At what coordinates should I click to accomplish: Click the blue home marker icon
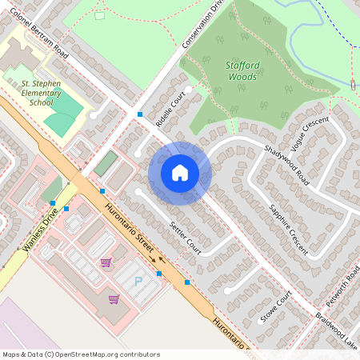(180, 173)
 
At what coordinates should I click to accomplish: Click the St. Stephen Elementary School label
(46, 92)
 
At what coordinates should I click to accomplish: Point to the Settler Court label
(186, 238)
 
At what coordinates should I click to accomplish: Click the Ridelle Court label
(171, 110)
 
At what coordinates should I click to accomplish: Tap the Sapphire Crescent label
(288, 228)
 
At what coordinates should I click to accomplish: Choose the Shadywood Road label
(286, 164)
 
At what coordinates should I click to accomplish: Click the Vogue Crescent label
(310, 134)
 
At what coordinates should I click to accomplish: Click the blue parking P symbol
(138, 281)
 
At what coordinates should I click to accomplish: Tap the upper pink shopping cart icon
(106, 262)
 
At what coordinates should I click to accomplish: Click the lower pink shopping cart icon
(114, 299)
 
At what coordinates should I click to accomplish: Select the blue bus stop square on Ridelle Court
(140, 114)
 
